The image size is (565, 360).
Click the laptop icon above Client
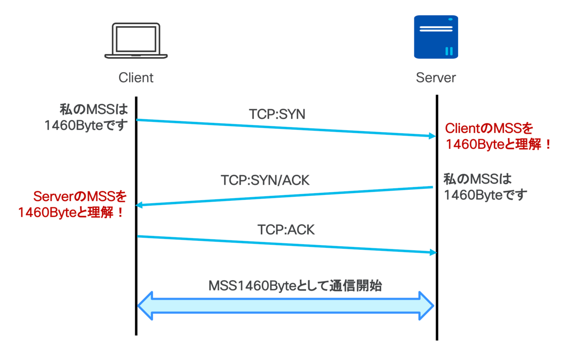136,41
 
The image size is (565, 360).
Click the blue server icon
436,37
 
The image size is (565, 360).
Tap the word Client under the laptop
136,77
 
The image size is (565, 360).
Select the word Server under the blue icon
436,77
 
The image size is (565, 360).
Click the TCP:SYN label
277,114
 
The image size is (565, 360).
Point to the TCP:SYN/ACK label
265,180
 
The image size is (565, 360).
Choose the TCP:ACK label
286,230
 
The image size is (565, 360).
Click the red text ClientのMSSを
489,128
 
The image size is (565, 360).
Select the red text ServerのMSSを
80,196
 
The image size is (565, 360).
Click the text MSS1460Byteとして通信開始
295,286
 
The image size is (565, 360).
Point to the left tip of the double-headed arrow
137,306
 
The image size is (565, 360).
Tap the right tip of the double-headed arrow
434,306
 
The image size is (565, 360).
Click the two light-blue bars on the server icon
449,51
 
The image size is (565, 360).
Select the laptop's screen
136,39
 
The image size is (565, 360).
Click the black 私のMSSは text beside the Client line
94,110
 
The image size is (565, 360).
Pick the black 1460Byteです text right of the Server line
485,195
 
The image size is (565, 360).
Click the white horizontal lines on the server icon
436,29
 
